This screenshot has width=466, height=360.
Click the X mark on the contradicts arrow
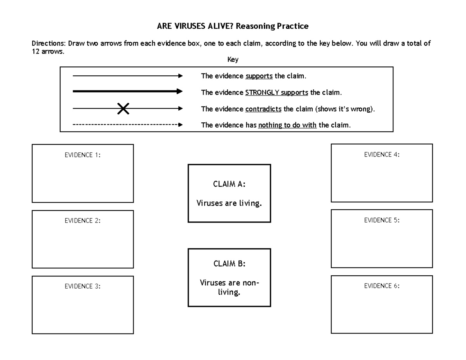[123, 109]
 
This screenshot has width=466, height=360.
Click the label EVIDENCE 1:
[82, 155]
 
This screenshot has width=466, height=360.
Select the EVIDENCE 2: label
[82, 221]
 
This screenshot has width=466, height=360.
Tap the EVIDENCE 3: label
[82, 286]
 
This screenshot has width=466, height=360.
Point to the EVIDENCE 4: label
[382, 154]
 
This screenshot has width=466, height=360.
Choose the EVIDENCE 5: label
[382, 220]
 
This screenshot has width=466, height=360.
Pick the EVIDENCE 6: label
[382, 286]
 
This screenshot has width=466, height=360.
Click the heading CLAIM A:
[229, 185]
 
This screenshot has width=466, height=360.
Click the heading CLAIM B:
[229, 264]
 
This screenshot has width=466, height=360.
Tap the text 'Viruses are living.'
[229, 203]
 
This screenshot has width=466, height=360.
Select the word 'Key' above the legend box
[233, 60]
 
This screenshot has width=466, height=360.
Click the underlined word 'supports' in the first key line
[259, 76]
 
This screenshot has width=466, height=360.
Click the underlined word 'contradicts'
[263, 109]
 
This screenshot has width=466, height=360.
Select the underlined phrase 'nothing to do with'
[287, 125]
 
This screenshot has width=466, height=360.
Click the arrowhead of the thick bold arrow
[179, 92]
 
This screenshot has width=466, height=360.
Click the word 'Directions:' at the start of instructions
[49, 43]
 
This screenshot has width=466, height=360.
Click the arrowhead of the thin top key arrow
[180, 76]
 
